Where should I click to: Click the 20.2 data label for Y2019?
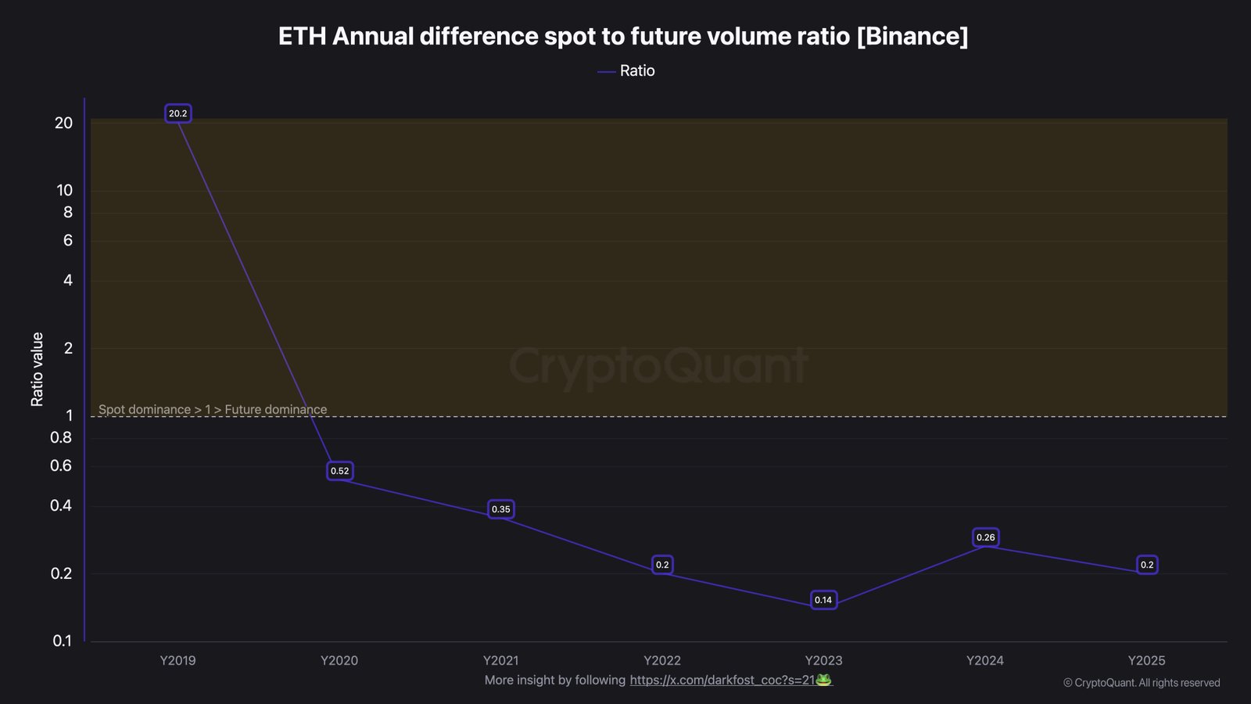pyautogui.click(x=178, y=113)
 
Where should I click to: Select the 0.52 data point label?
pyautogui.click(x=339, y=471)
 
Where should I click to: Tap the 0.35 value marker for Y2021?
pyautogui.click(x=500, y=509)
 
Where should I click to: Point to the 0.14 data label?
pyautogui.click(x=823, y=600)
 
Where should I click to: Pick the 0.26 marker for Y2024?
pyautogui.click(x=985, y=537)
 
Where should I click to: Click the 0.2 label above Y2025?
pyautogui.click(x=1146, y=565)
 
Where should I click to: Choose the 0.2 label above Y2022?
pyautogui.click(x=662, y=565)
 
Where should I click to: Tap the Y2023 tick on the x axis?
pyautogui.click(x=823, y=660)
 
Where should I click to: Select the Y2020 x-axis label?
pyautogui.click(x=339, y=660)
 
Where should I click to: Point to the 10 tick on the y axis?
pyautogui.click(x=64, y=190)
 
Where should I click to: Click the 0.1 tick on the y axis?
pyautogui.click(x=62, y=641)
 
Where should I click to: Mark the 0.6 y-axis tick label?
pyautogui.click(x=61, y=465)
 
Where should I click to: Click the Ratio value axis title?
pyautogui.click(x=37, y=369)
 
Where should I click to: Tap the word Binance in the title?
pyautogui.click(x=912, y=36)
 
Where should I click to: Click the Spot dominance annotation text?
pyautogui.click(x=213, y=409)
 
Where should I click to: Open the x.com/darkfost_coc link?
pyautogui.click(x=722, y=680)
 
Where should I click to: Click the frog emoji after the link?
pyautogui.click(x=823, y=680)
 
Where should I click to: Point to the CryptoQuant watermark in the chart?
pyautogui.click(x=658, y=365)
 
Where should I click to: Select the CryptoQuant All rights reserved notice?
pyautogui.click(x=1142, y=683)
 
